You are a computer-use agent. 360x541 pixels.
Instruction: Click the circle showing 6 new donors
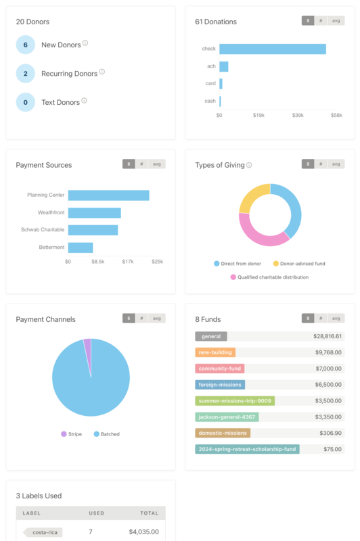coord(25,45)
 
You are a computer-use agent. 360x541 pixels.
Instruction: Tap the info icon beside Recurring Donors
coord(102,72)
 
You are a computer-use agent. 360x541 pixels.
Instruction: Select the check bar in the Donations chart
coord(272,49)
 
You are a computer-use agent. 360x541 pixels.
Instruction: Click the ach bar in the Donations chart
coord(223,66)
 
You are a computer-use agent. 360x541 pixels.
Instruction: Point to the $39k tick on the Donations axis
coord(298,116)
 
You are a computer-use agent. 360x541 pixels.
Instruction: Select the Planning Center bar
coord(108,195)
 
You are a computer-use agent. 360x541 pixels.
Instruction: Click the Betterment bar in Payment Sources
coord(81,248)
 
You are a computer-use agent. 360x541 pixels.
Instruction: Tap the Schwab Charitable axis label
coord(43,230)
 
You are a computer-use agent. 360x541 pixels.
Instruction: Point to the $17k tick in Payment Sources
coord(127,261)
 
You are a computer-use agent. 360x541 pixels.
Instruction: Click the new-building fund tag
coord(215,352)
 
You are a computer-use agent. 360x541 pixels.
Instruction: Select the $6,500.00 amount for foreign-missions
coord(328,384)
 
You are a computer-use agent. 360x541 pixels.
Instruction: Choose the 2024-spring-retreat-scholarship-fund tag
coord(247,449)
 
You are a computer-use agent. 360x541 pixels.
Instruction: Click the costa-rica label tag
coord(44,532)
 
